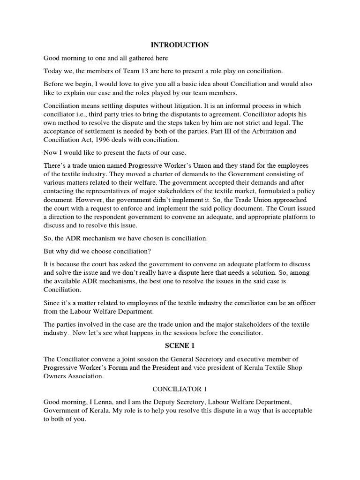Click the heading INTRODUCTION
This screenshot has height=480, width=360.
(x=180, y=45)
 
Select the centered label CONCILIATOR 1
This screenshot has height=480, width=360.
(x=180, y=389)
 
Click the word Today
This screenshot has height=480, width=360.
(x=52, y=71)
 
